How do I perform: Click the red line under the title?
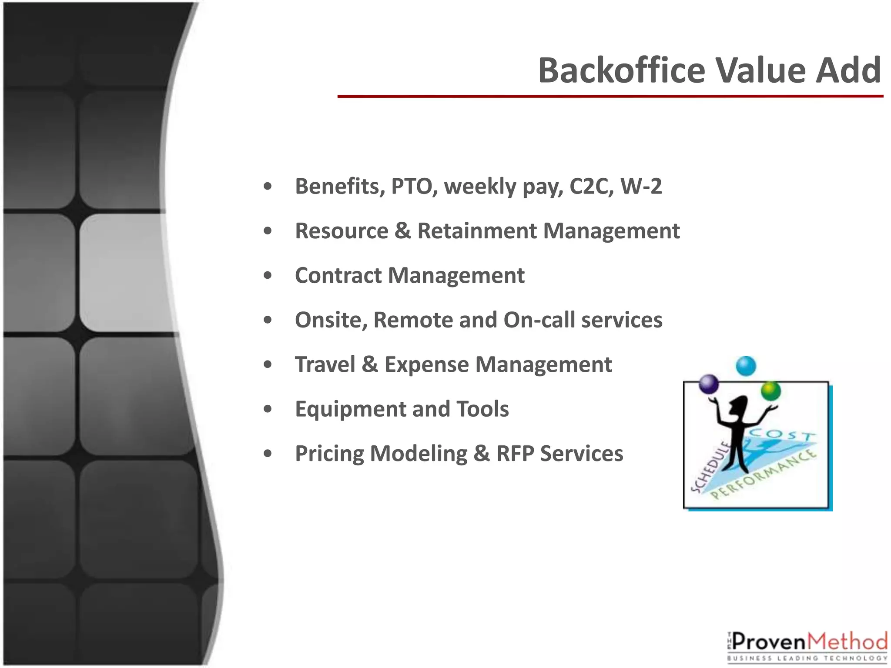click(609, 96)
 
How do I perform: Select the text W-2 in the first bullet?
click(641, 186)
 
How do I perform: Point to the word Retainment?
click(477, 231)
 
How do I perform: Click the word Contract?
click(338, 275)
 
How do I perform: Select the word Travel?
click(325, 364)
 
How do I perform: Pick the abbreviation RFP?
click(515, 454)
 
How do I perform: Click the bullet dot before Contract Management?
click(268, 276)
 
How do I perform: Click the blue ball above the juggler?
click(746, 366)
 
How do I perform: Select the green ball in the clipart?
click(770, 391)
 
